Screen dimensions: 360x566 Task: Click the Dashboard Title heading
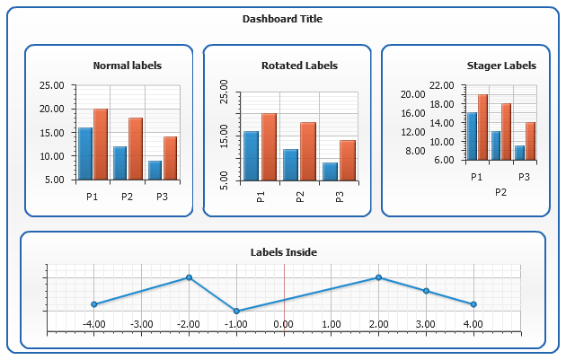pyautogui.click(x=282, y=19)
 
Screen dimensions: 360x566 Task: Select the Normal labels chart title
pyautogui.click(x=128, y=66)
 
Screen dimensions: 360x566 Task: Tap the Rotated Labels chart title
pyautogui.click(x=299, y=66)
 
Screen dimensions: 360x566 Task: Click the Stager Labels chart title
pyautogui.click(x=501, y=66)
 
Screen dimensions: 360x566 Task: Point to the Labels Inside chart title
pyautogui.click(x=283, y=252)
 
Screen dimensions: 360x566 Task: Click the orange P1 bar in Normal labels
pyautogui.click(x=101, y=144)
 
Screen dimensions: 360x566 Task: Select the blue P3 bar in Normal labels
pyautogui.click(x=155, y=170)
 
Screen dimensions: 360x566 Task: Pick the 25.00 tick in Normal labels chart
pyautogui.click(x=53, y=85)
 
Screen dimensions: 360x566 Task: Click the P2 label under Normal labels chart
pyautogui.click(x=127, y=197)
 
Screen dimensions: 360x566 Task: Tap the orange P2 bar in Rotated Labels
pyautogui.click(x=308, y=152)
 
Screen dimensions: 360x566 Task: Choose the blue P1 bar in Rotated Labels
pyautogui.click(x=252, y=156)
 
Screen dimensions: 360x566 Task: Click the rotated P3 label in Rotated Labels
pyautogui.click(x=340, y=197)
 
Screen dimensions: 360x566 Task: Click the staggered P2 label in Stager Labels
pyautogui.click(x=500, y=192)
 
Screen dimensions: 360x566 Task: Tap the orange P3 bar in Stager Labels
pyautogui.click(x=530, y=141)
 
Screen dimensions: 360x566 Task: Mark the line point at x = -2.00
pyautogui.click(x=189, y=277)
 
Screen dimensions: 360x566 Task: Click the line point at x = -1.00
pyautogui.click(x=236, y=311)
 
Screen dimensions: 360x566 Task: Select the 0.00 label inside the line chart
pyautogui.click(x=283, y=324)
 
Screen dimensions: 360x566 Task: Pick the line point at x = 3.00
pyautogui.click(x=426, y=291)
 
